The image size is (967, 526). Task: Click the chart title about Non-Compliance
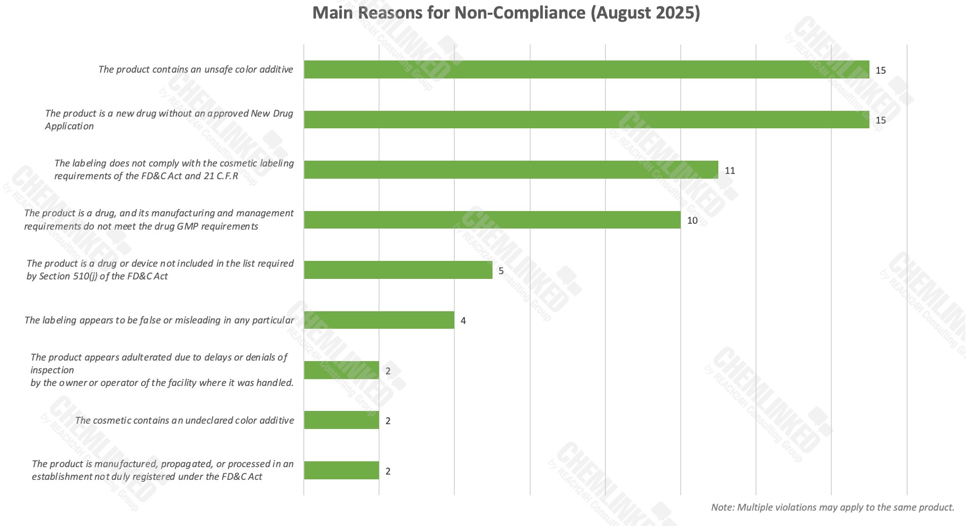pos(506,13)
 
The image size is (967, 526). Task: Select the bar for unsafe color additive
pos(586,69)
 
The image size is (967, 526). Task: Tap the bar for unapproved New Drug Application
pos(586,119)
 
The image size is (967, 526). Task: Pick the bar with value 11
pos(511,170)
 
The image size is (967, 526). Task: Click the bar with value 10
pos(492,220)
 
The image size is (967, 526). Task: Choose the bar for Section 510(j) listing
pos(398,270)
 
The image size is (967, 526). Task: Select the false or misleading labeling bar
pos(379,320)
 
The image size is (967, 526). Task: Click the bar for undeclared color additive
pos(341,420)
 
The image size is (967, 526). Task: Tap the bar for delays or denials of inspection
pos(341,370)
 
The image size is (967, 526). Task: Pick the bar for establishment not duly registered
pos(341,470)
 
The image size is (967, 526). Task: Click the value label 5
pos(501,271)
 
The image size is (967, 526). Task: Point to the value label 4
pos(463,321)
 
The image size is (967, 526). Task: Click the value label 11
pos(730,171)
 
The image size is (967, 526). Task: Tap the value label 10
pos(692,221)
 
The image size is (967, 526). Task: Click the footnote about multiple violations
pos(832,507)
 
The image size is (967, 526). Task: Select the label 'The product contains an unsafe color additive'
pos(196,69)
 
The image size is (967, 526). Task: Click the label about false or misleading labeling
pos(159,320)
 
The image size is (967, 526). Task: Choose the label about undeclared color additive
pos(184,420)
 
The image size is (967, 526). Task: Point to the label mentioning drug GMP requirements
pos(159,220)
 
